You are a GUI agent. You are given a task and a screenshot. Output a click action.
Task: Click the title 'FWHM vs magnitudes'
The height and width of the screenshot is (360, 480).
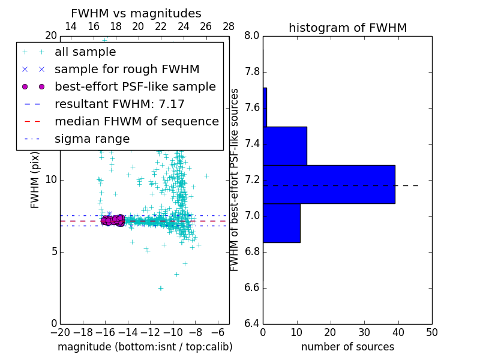(x=136, y=14)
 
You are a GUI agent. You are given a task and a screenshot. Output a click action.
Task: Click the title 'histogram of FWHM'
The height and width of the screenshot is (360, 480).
(x=347, y=28)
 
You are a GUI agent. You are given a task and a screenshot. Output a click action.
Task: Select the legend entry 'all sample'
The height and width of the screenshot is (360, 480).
(x=85, y=52)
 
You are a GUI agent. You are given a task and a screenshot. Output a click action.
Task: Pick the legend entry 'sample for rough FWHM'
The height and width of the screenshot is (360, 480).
(x=127, y=69)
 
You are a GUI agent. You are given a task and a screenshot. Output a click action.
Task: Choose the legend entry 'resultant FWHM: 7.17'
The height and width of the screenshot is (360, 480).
(x=119, y=104)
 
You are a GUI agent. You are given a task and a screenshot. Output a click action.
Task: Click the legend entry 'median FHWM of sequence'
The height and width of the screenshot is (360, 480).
(x=136, y=121)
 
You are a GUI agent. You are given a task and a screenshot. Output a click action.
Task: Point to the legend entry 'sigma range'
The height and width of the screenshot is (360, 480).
(x=92, y=139)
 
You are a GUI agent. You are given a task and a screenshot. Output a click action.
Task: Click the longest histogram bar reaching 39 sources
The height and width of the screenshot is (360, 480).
(x=329, y=184)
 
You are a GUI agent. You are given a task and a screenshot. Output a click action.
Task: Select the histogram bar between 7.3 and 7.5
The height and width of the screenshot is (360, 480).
(x=285, y=146)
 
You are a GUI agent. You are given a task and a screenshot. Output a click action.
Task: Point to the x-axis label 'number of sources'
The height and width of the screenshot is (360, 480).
(x=347, y=347)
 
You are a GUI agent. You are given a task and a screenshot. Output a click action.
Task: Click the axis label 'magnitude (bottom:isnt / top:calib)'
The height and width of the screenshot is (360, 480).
(x=145, y=347)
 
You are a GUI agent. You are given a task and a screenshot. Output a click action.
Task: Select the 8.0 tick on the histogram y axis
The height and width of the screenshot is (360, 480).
(x=251, y=36)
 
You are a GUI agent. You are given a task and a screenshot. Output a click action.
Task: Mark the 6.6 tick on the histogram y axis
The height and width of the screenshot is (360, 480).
(x=251, y=288)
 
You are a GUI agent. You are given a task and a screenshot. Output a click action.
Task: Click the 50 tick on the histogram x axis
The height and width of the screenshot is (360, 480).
(x=432, y=332)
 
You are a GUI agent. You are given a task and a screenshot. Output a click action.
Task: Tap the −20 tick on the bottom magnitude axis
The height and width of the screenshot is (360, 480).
(x=60, y=332)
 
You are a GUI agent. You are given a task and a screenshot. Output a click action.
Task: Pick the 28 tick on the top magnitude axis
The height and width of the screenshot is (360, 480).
(x=229, y=26)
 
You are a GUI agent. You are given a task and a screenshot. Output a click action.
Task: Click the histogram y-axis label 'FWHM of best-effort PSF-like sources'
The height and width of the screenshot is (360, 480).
(x=235, y=180)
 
